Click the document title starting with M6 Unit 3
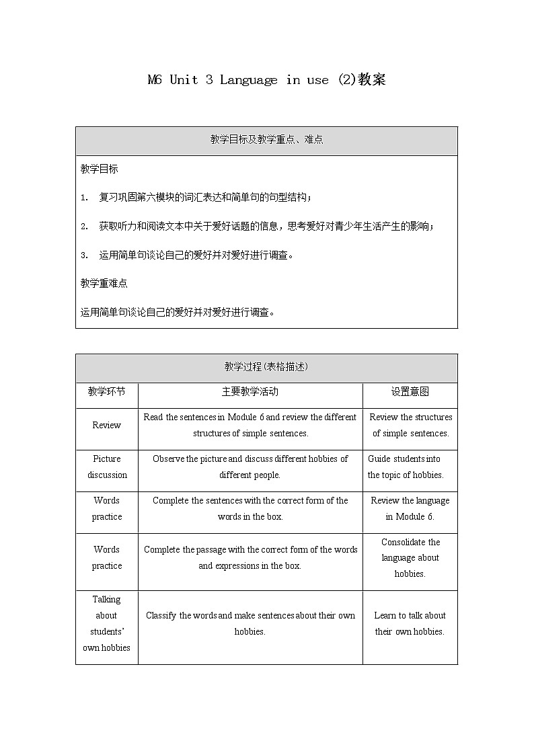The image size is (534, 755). [266, 80]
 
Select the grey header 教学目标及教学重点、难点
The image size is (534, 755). [266, 140]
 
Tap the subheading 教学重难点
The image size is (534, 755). [104, 283]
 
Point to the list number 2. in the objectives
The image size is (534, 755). [84, 227]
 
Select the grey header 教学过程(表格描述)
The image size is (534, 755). [266, 367]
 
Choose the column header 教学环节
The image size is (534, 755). [106, 392]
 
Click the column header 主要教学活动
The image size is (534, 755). [250, 392]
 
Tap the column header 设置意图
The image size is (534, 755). [410, 392]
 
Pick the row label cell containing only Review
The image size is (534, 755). [106, 426]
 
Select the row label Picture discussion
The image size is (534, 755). [106, 467]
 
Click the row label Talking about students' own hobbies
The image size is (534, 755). [106, 623]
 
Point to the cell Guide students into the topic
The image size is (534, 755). [406, 467]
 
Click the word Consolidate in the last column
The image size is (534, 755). [410, 543]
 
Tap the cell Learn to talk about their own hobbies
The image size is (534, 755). [410, 623]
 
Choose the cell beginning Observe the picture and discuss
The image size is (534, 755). [250, 467]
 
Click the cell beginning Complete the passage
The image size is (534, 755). [250, 557]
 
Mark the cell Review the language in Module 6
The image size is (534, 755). [410, 508]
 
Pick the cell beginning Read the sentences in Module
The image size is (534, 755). [250, 425]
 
